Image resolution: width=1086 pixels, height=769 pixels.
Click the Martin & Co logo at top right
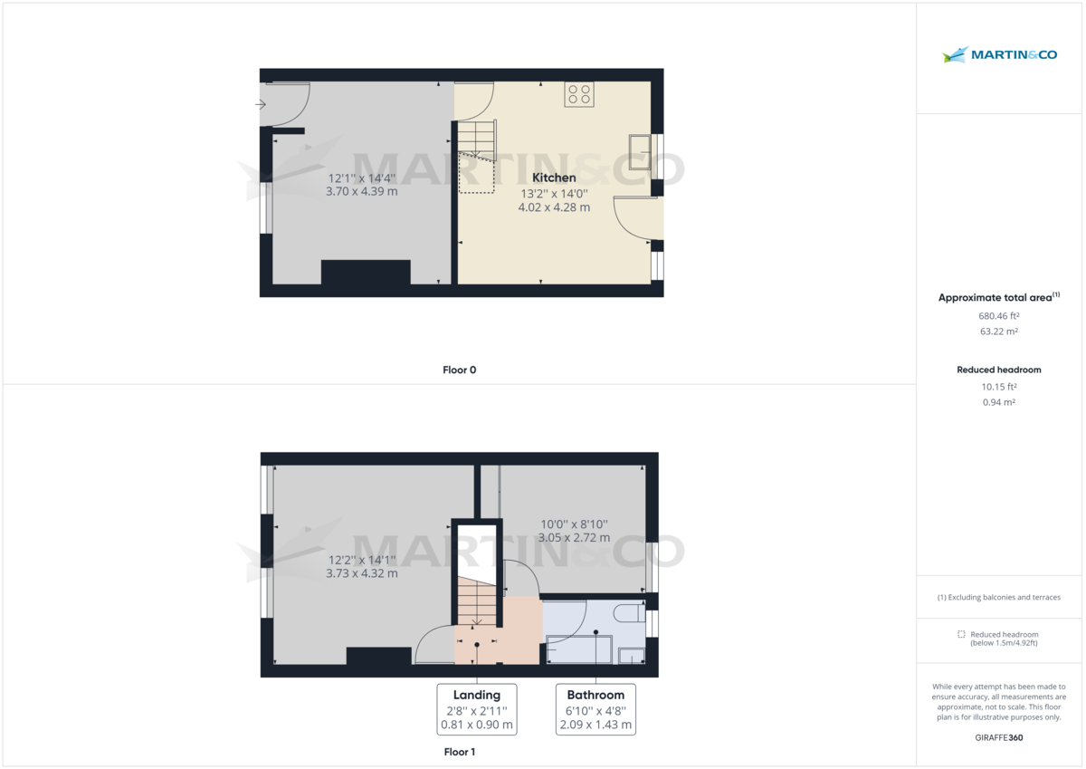point(999,55)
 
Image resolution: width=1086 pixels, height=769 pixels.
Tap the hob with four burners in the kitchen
point(579,94)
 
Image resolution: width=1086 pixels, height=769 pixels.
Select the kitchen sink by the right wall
point(641,148)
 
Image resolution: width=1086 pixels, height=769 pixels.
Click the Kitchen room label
point(554,178)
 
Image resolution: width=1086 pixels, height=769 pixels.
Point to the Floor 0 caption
point(460,370)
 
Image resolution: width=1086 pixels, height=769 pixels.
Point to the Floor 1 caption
point(460,752)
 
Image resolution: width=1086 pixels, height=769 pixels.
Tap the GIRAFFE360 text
point(999,737)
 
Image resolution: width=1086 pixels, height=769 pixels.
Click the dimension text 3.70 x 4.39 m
point(362,192)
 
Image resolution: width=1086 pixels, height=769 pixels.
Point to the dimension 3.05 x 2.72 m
point(574,537)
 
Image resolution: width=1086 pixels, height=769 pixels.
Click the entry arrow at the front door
point(261,105)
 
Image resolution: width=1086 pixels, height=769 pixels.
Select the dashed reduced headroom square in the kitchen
point(477,173)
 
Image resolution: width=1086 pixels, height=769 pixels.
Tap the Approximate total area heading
point(995,297)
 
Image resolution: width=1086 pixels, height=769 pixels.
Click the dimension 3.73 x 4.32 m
point(362,573)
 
